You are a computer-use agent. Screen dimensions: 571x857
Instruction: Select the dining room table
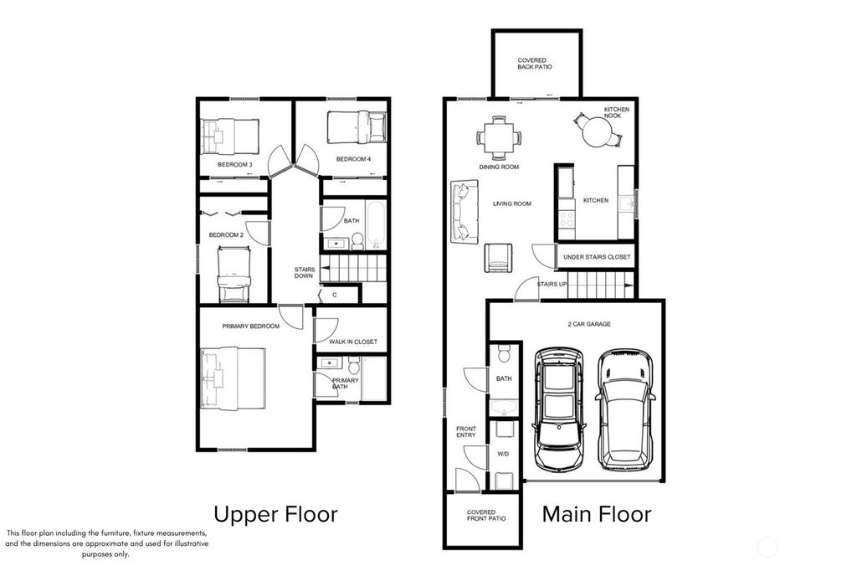click(499, 137)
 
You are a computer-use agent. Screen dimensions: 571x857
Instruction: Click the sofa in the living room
click(460, 210)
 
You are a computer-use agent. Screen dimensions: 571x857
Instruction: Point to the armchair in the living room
click(499, 257)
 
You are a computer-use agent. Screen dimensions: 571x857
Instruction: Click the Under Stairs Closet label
click(597, 257)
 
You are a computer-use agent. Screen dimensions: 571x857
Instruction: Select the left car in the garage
click(558, 408)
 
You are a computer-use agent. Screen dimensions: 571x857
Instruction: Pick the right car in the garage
click(624, 408)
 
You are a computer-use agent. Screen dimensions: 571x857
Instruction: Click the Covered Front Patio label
click(480, 515)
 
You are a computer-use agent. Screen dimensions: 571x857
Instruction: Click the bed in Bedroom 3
click(231, 135)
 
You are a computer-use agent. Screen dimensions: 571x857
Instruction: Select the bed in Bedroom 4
click(357, 128)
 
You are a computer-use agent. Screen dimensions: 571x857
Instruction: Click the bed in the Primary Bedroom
click(233, 378)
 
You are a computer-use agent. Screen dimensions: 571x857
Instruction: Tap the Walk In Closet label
click(353, 342)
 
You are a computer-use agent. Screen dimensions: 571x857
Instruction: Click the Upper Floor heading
click(275, 513)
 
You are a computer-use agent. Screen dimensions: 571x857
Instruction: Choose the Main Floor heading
click(596, 513)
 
